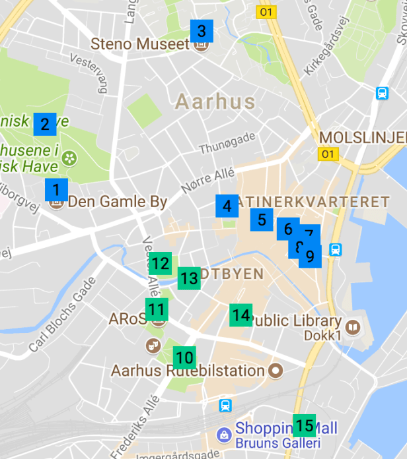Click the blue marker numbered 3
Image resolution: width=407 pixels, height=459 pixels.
202,31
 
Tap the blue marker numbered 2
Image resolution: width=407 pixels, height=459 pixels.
45,123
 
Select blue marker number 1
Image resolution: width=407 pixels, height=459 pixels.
56,190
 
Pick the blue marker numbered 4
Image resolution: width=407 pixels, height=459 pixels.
227,206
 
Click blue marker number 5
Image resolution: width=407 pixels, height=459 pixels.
262,220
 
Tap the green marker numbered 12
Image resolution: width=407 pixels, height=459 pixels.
160,264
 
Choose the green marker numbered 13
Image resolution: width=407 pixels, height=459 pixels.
189,278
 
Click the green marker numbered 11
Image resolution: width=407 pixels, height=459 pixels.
157,309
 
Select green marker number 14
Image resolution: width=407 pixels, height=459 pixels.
241,315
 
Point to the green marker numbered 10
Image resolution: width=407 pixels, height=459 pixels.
185,357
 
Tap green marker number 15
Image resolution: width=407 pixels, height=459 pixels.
305,425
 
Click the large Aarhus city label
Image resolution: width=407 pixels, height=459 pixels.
215,102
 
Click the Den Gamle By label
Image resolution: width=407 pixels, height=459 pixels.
118,202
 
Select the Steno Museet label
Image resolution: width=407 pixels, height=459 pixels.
140,44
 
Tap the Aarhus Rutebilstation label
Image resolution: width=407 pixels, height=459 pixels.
188,371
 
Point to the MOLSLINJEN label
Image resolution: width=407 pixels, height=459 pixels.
363,137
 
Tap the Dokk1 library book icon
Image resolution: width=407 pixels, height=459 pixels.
354,327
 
